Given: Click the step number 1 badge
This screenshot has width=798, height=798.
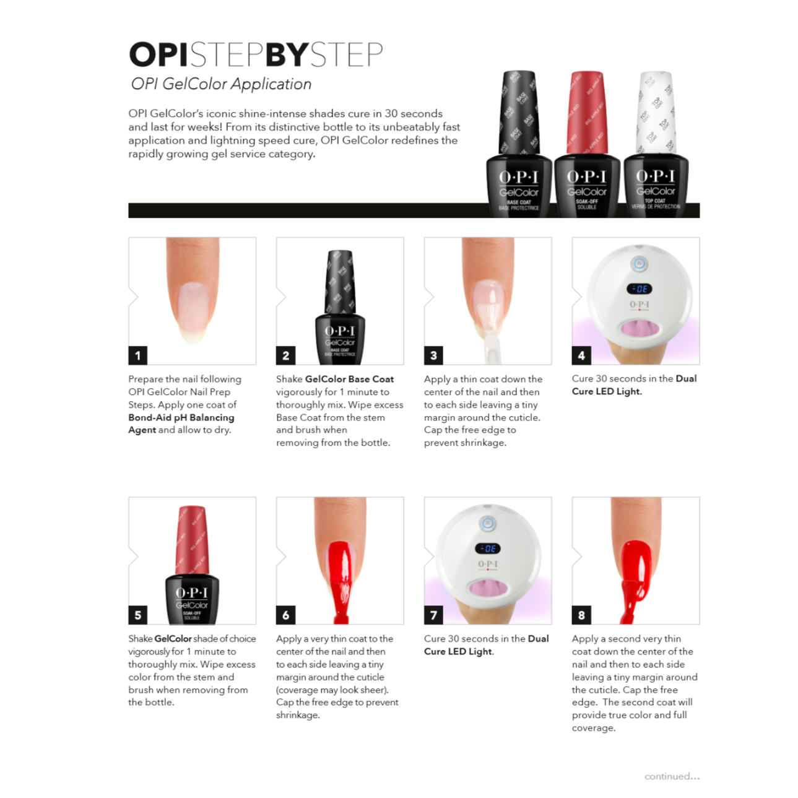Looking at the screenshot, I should (x=137, y=355).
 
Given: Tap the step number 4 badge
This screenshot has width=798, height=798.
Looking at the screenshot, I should (x=581, y=355).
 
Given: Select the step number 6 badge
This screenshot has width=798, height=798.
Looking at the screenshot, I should (x=285, y=615).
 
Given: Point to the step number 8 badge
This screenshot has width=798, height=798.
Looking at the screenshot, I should (x=581, y=615).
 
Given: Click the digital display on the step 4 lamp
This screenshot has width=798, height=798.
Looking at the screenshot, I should (x=639, y=288).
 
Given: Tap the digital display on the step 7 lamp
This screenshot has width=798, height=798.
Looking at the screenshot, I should (x=488, y=549).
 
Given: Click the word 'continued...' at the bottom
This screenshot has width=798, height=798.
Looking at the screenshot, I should (x=672, y=776).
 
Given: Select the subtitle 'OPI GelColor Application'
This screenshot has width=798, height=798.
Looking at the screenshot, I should (x=221, y=84).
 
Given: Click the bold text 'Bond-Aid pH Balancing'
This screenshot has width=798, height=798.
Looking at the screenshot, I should (x=181, y=417).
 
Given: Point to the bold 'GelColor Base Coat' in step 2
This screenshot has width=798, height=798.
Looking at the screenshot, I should (x=349, y=379).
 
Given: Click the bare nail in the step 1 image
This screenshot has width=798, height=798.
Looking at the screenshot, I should (x=192, y=310).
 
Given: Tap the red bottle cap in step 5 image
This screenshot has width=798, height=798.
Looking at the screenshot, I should (x=191, y=539).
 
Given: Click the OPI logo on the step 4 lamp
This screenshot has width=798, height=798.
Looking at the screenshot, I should (x=639, y=305).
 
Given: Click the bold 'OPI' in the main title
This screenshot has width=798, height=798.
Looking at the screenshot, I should (x=158, y=54).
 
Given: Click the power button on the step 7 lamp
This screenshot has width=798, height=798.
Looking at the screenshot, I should (x=488, y=524).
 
